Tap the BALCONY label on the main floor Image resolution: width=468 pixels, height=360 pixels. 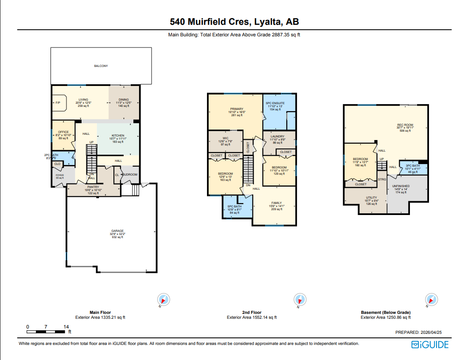pyautogui.click(x=101, y=66)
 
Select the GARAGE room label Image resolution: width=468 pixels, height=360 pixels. pyautogui.click(x=117, y=231)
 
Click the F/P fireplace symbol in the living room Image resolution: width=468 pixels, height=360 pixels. pyautogui.click(x=58, y=103)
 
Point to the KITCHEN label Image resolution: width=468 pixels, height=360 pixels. pyautogui.click(x=117, y=136)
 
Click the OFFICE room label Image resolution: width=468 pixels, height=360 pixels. pyautogui.click(x=63, y=132)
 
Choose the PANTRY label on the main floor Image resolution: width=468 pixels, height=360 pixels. pyautogui.click(x=94, y=187)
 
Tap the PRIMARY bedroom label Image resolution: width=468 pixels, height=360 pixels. pyautogui.click(x=236, y=109)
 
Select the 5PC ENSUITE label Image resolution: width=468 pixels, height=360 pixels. pyautogui.click(x=275, y=103)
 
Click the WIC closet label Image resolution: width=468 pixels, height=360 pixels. pyautogui.click(x=225, y=138)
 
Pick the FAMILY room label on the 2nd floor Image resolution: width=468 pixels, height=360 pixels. pyautogui.click(x=276, y=203)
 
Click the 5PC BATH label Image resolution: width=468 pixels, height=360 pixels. pyautogui.click(x=234, y=207)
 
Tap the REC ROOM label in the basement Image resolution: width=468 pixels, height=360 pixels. pyautogui.click(x=405, y=125)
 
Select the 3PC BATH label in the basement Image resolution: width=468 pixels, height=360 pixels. pyautogui.click(x=412, y=166)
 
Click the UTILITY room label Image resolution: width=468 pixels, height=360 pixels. pyautogui.click(x=371, y=198)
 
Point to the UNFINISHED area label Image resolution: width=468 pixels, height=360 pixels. pyautogui.click(x=401, y=186)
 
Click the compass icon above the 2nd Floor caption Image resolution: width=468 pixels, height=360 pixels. pyautogui.click(x=300, y=299)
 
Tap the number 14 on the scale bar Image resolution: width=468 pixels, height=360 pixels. pyautogui.click(x=66, y=327)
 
